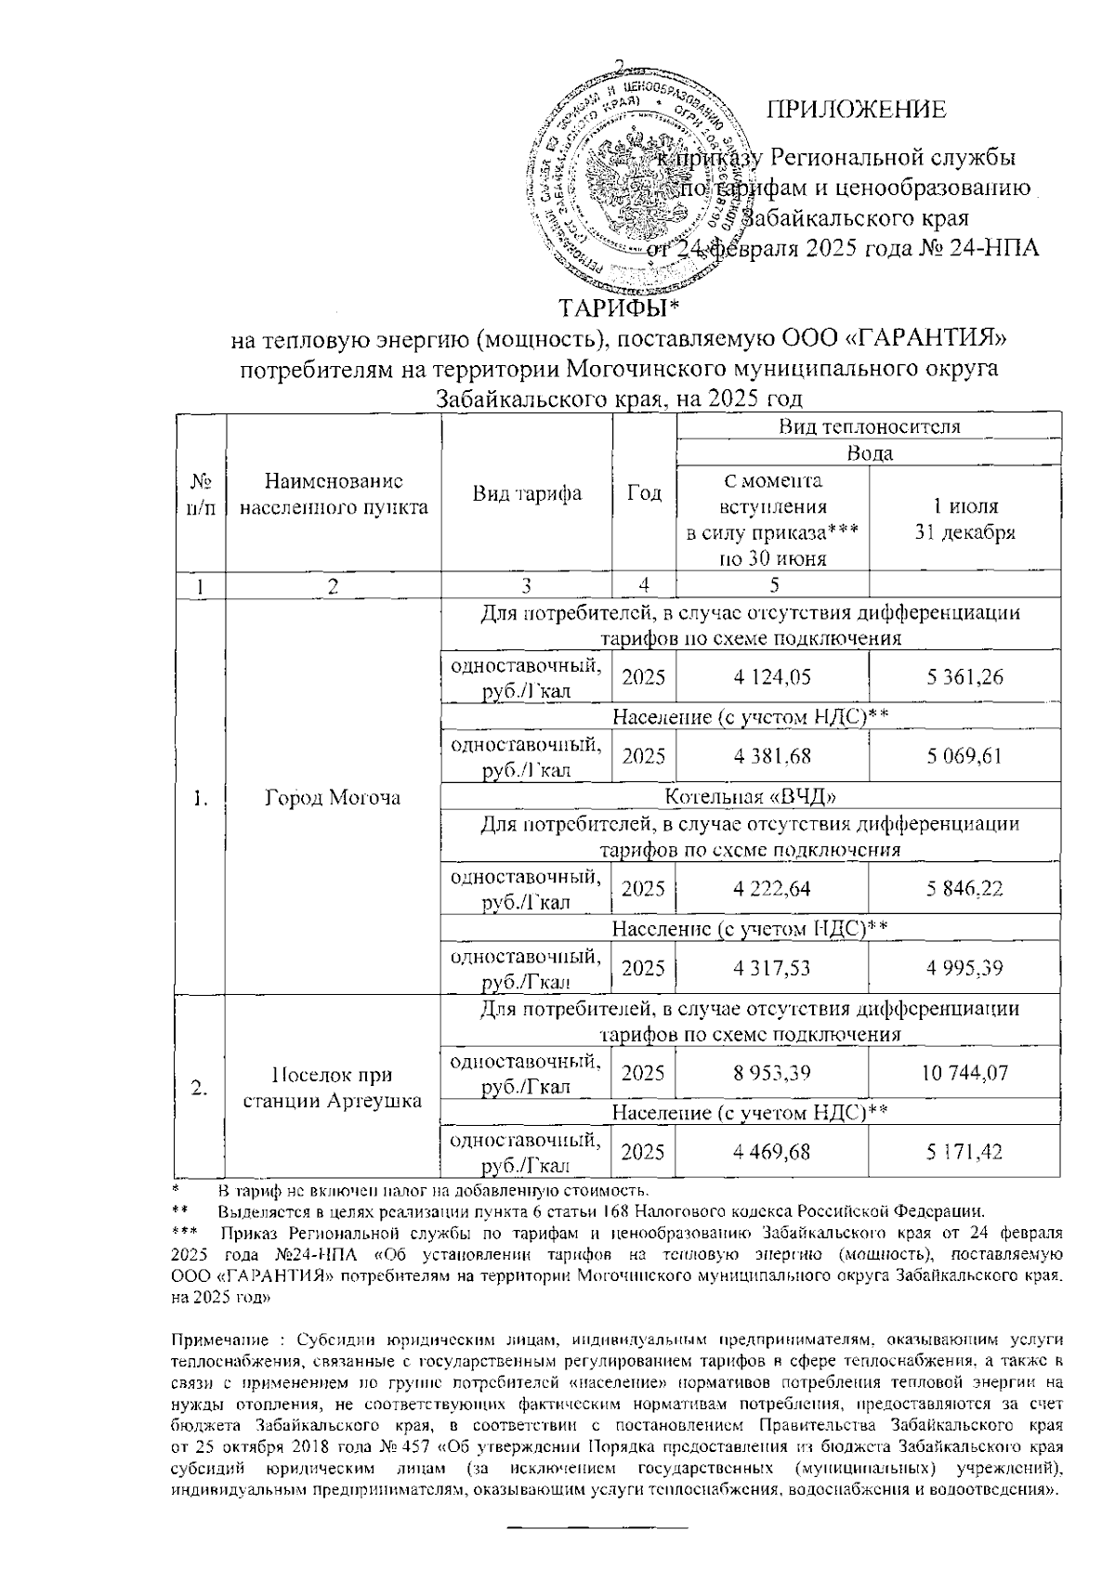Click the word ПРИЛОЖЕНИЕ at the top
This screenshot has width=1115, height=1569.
point(856,110)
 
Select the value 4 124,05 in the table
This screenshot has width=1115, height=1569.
point(771,677)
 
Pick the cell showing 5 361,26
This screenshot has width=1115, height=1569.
point(964,677)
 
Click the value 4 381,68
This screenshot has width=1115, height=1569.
point(771,756)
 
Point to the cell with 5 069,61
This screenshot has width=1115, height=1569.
point(964,756)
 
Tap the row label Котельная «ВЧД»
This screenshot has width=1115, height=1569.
point(747,796)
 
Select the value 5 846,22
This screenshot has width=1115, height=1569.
point(964,889)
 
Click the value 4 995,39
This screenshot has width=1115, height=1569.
point(964,968)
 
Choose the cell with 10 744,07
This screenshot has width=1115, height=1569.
point(964,1073)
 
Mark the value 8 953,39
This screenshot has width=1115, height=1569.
point(771,1073)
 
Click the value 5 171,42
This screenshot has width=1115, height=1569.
point(964,1152)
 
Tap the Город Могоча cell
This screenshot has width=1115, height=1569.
point(333,798)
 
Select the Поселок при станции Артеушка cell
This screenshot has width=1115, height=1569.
point(333,1087)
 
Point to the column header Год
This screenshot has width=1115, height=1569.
point(645,493)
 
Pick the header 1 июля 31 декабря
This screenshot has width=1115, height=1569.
point(964,519)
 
